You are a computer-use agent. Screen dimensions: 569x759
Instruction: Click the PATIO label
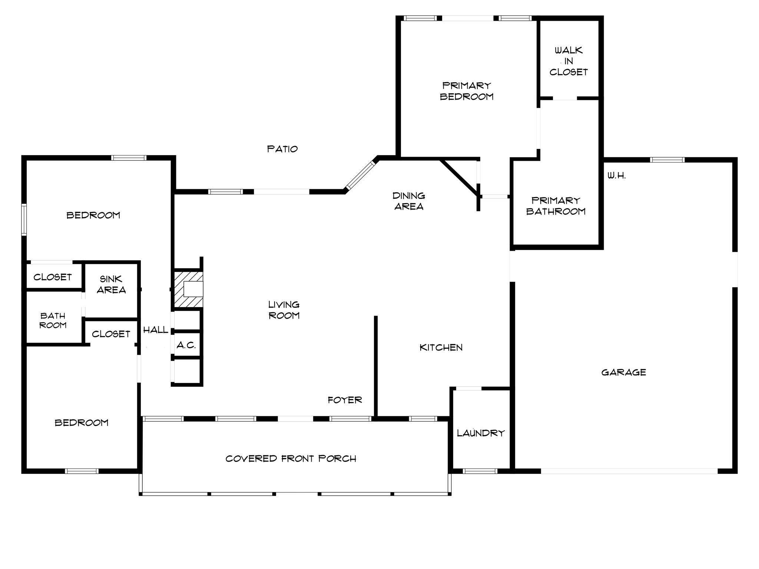tap(282, 149)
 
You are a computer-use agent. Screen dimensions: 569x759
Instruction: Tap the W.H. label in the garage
tap(617, 176)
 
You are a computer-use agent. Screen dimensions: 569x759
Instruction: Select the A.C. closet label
tap(186, 345)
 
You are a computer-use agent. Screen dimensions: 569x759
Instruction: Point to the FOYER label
tap(345, 400)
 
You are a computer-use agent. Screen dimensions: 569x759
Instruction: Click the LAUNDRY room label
tap(481, 433)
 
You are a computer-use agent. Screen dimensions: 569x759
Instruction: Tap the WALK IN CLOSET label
tap(569, 61)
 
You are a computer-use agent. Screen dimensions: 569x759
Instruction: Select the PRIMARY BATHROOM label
tap(556, 206)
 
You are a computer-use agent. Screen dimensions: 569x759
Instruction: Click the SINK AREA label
tap(111, 284)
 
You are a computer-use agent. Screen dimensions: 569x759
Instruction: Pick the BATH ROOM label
tap(53, 320)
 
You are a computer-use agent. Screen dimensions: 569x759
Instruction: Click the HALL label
tap(156, 330)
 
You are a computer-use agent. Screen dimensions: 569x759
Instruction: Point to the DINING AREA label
tap(409, 201)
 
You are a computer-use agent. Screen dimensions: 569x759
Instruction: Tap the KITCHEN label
tap(441, 347)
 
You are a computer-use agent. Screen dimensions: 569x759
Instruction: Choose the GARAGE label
tap(623, 372)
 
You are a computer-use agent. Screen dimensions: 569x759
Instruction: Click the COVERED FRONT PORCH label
tap(291, 459)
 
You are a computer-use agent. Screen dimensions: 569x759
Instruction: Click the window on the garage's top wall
tap(667, 160)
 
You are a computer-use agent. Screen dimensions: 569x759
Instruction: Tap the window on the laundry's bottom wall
tap(480, 471)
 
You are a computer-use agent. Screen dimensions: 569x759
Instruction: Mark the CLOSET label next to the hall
tap(111, 334)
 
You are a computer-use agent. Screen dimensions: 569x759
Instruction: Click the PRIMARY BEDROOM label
tap(467, 91)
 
